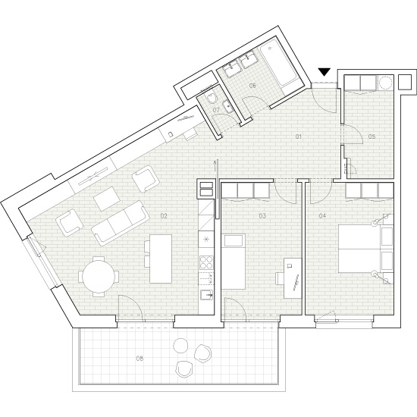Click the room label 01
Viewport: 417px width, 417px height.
(x=299, y=136)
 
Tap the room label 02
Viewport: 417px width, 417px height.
(x=163, y=216)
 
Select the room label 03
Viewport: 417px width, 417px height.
(x=262, y=216)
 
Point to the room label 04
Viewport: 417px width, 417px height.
(x=323, y=216)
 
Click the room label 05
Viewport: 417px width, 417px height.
(x=372, y=136)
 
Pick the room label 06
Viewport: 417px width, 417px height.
(x=252, y=86)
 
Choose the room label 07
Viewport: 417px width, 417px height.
(x=216, y=111)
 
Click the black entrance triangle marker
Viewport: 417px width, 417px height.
(x=325, y=72)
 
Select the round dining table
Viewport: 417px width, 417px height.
(x=99, y=276)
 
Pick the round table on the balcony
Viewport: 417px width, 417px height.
(x=180, y=346)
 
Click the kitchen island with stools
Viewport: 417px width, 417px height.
(x=161, y=258)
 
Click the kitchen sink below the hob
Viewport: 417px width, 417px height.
(x=205, y=295)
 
